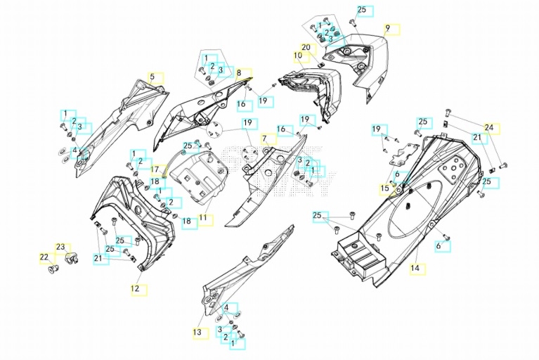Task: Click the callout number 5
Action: [152, 77]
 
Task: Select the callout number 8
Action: [239, 73]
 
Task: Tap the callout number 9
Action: [387, 28]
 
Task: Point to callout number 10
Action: [298, 56]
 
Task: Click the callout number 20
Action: [306, 47]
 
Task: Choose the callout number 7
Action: [265, 139]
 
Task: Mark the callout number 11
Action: [203, 218]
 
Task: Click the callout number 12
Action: [135, 288]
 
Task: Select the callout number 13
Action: [197, 333]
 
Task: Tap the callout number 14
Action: [415, 267]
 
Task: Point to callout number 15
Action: [384, 188]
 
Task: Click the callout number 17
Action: [155, 169]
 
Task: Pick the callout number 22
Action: [44, 257]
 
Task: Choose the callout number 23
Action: [60, 247]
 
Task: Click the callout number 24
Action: [489, 127]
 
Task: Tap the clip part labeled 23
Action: [72, 258]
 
